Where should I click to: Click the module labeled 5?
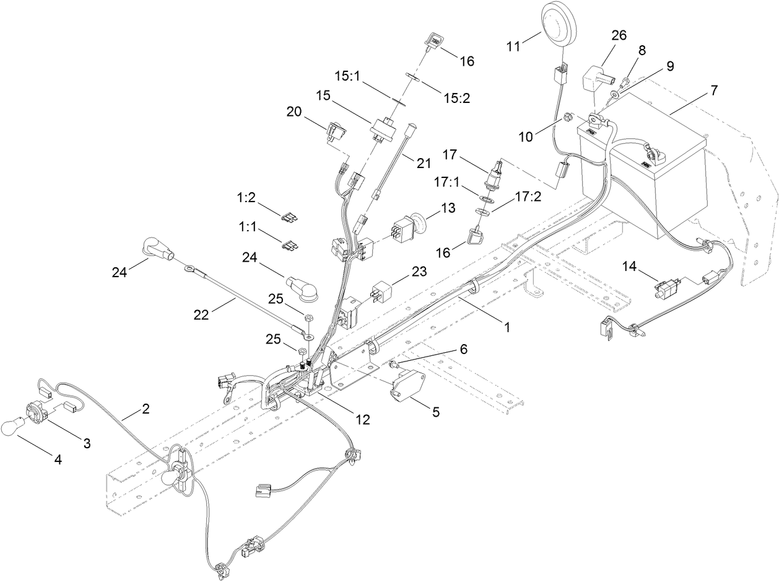(406, 384)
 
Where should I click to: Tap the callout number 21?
(423, 163)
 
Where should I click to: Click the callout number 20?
(294, 112)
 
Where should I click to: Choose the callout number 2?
(146, 409)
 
